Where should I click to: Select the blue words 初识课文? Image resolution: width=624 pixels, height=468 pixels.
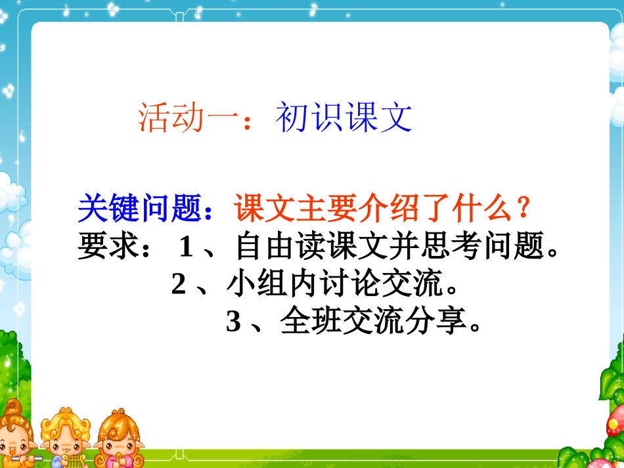tap(344, 118)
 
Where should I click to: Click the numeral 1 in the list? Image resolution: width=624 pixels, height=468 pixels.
tap(186, 248)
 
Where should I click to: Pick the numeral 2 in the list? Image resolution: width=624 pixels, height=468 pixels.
tap(178, 286)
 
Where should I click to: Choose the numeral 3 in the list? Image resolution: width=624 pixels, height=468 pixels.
tap(233, 322)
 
